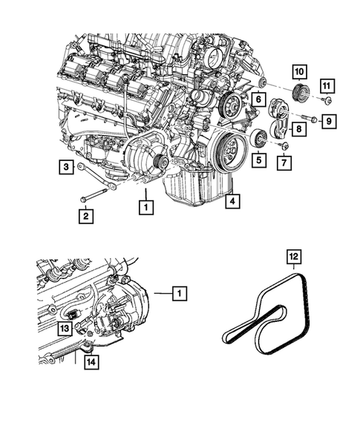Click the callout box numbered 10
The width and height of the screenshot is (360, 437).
tap(300, 73)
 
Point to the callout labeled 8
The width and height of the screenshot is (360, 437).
tap(297, 129)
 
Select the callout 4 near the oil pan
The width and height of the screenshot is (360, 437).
tap(232, 201)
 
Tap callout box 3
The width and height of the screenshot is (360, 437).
tap(65, 168)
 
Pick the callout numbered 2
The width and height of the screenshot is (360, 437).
tap(86, 217)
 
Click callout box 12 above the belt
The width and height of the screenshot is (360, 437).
tap(295, 258)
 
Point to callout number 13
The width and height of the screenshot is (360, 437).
tap(65, 328)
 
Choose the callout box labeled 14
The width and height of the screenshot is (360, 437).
tap(90, 364)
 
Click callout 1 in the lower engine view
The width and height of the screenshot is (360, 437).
tap(178, 294)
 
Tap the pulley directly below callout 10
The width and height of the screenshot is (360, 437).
tap(301, 94)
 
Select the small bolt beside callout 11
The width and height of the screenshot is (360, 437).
tap(326, 99)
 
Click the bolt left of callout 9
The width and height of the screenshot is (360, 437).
tap(308, 119)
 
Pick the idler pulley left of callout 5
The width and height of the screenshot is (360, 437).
tap(258, 138)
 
